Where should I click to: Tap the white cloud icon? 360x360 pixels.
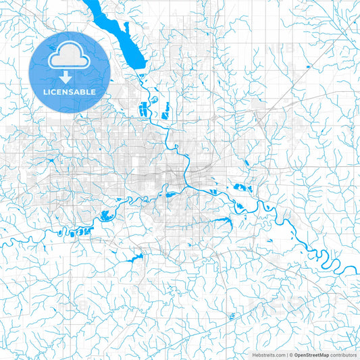coord(70,53)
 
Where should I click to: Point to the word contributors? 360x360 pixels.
coord(344,354)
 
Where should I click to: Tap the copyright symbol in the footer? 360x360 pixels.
coord(291,354)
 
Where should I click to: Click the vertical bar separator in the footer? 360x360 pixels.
coord(286,354)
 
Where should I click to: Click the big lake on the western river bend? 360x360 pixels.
coord(107,216)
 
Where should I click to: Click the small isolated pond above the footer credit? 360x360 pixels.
coord(234,316)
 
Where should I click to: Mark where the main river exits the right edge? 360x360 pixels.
coord(357,269)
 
